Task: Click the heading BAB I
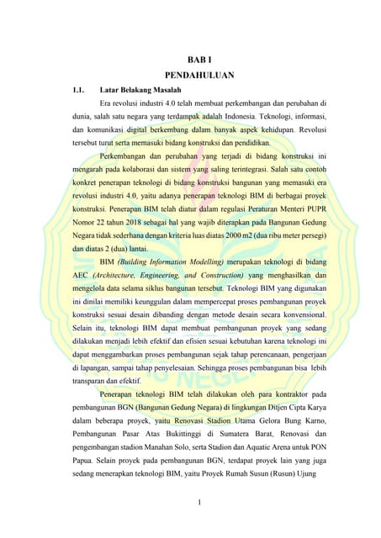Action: [191, 59]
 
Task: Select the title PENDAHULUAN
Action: [191, 74]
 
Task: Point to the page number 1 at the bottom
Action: [191, 504]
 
